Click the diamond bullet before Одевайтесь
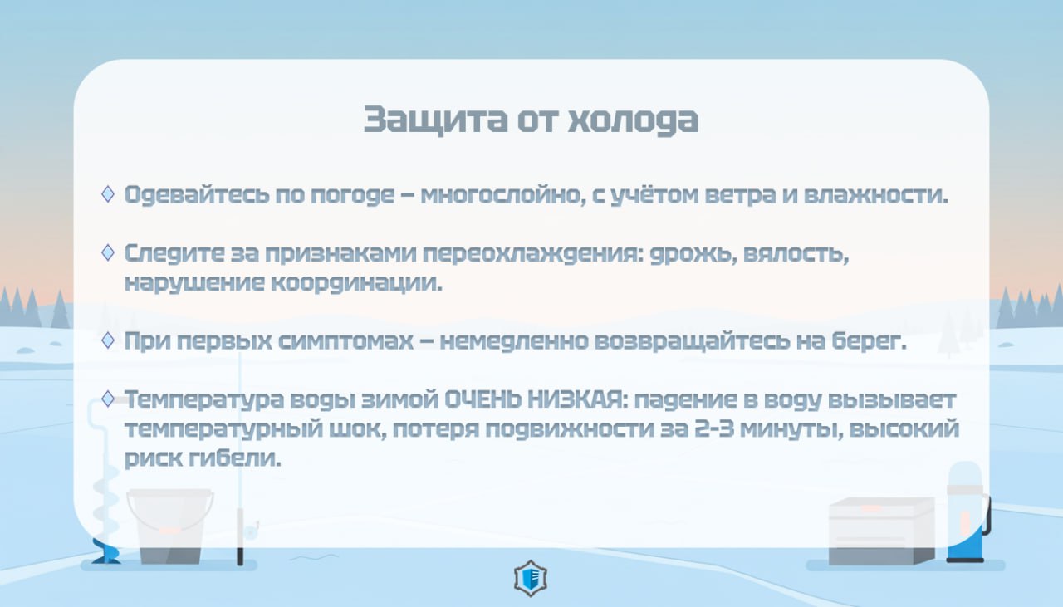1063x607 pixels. [108, 193]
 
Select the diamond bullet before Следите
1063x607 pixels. [108, 252]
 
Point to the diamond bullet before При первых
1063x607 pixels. [108, 340]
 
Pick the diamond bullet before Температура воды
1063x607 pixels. [108, 399]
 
